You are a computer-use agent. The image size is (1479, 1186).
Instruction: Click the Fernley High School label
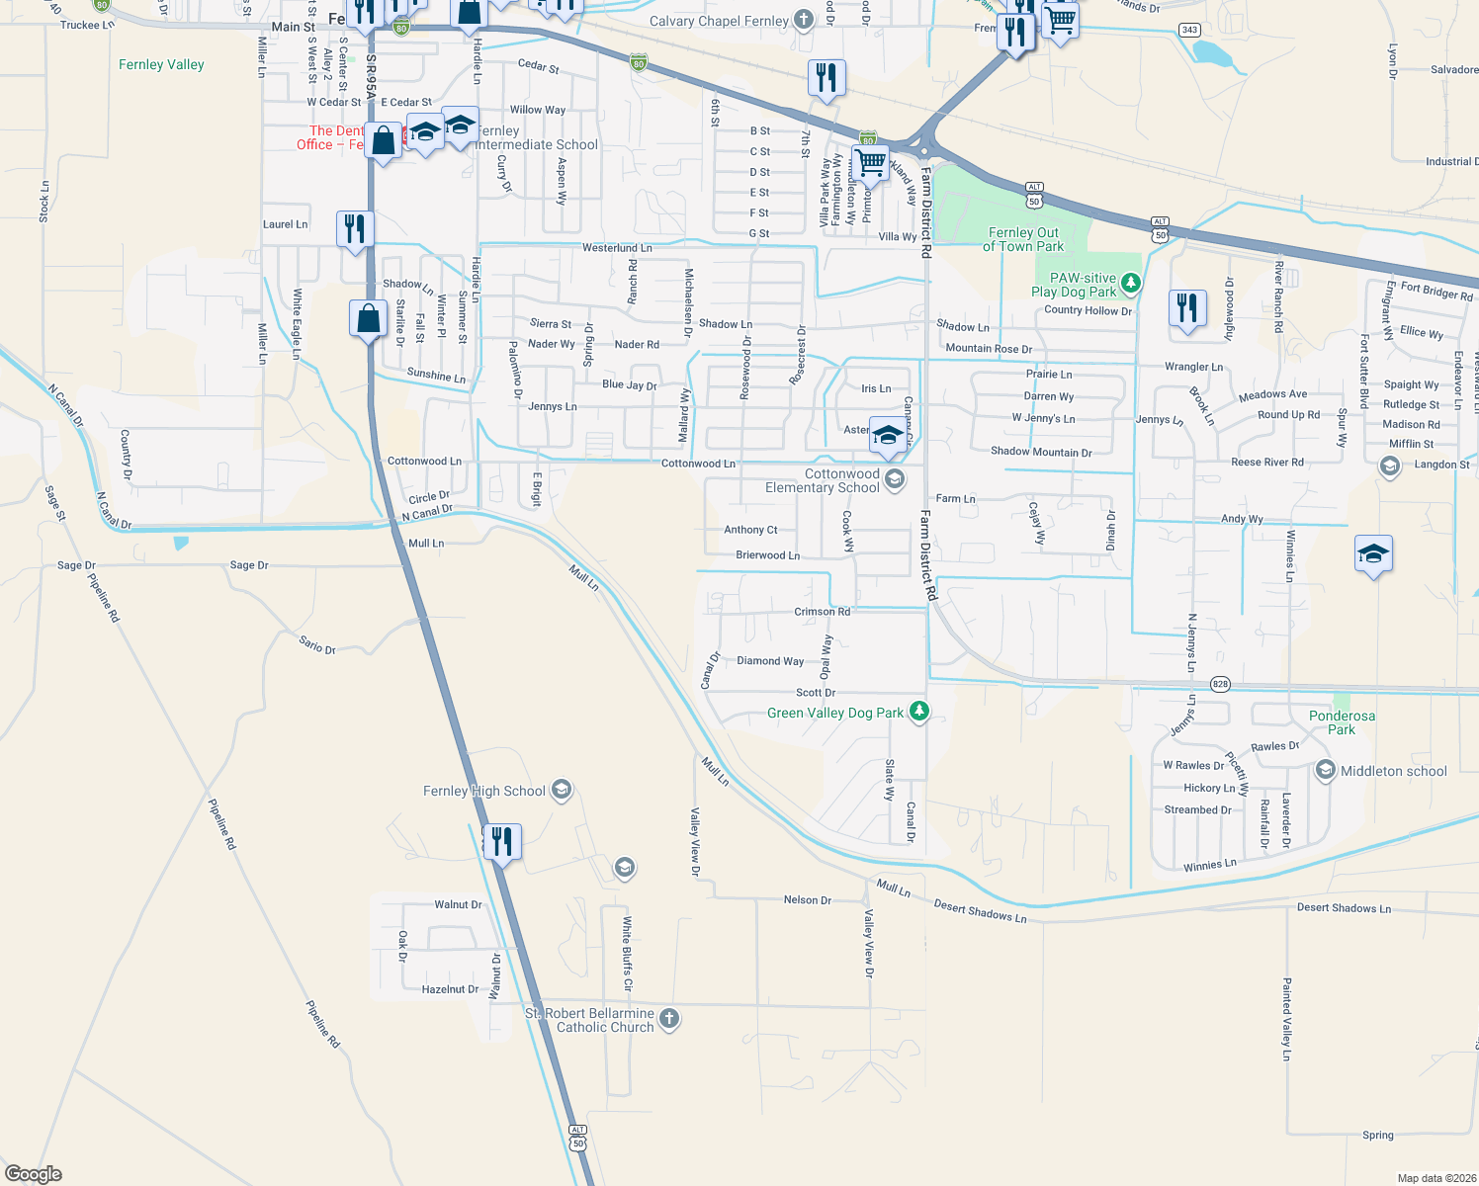484,791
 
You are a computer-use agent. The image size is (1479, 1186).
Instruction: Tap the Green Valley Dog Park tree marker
919,711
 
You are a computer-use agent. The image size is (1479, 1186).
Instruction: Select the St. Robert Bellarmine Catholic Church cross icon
669,1018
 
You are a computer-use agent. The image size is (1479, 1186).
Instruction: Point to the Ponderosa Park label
1342,722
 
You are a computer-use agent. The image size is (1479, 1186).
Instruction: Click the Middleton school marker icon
1326,771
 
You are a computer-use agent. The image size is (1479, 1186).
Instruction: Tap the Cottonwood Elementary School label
823,480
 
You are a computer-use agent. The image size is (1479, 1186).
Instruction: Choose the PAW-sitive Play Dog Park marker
1131,284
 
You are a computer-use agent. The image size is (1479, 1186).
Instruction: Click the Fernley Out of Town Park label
1023,239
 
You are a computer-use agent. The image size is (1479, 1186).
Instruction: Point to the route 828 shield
1220,684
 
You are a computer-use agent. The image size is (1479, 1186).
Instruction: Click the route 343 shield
1189,30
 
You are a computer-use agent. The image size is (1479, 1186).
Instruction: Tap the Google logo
34,1174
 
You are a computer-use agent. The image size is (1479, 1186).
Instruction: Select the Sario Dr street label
317,645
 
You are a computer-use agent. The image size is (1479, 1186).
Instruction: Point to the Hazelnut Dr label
450,989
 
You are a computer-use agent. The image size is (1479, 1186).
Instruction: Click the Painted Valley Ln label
1287,1019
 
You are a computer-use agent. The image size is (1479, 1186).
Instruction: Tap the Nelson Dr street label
808,900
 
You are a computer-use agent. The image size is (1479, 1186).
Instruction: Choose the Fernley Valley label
161,64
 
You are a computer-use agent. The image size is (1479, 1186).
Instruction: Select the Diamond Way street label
770,661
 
